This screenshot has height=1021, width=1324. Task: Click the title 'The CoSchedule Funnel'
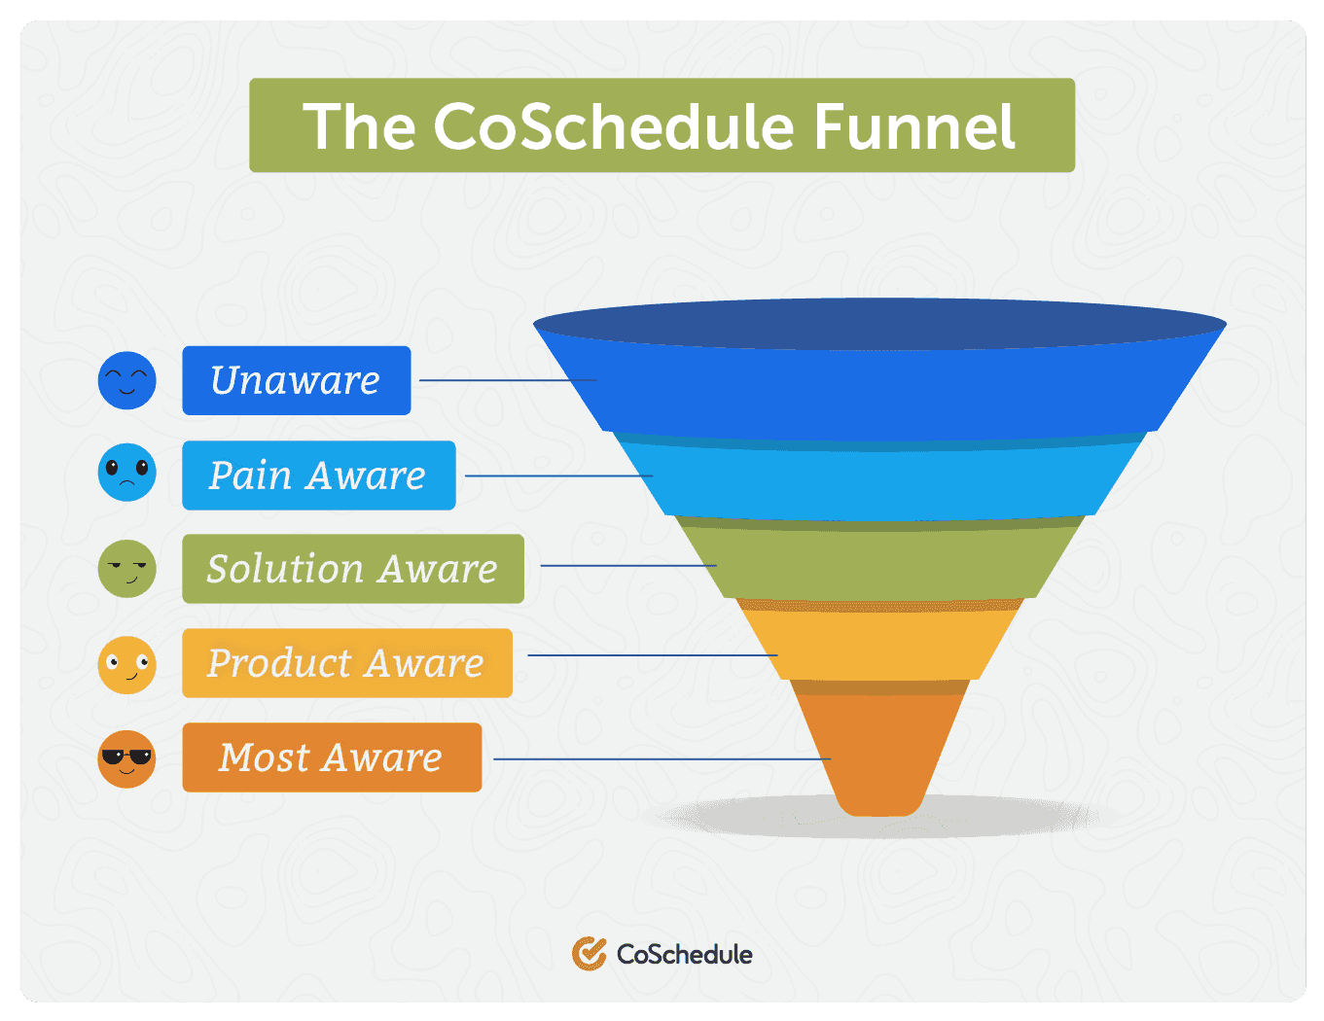coord(661,126)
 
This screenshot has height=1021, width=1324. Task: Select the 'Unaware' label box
coord(296,380)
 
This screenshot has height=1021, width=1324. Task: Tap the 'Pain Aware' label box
coord(318,475)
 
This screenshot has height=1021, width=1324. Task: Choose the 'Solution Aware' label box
coord(352,569)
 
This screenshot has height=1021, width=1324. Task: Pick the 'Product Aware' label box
coord(346,663)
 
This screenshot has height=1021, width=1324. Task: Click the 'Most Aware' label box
coord(331,757)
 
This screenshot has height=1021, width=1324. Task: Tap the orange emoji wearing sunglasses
coord(126,758)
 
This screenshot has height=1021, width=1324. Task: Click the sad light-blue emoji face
coord(126,473)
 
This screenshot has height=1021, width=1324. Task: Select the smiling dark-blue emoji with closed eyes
coord(126,380)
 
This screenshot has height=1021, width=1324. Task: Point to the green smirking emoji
coord(126,569)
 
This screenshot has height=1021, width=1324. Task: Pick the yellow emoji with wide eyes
coord(126,665)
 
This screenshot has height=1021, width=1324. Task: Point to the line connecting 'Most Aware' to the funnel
coord(662,758)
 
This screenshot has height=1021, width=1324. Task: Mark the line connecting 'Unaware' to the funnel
coord(506,380)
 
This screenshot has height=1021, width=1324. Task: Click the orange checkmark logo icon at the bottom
coord(589,954)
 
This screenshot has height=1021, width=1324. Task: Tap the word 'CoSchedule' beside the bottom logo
coord(685,954)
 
